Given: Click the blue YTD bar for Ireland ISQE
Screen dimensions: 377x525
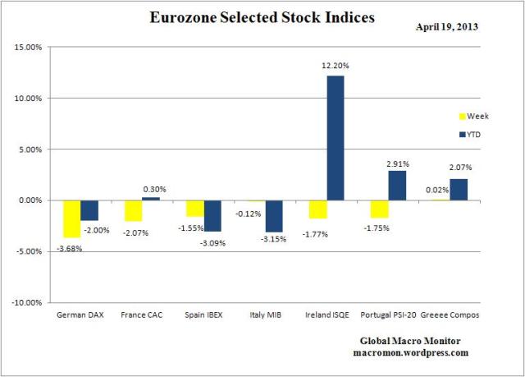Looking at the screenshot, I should [336, 137].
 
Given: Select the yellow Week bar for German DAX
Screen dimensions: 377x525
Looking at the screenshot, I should [71, 218].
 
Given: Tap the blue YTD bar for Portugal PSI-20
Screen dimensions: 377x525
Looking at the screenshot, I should [397, 185].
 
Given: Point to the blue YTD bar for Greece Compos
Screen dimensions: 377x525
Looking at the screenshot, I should [459, 189].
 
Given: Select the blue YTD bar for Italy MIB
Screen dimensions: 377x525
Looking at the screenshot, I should [274, 216].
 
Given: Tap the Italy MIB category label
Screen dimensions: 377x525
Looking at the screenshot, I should [264, 315].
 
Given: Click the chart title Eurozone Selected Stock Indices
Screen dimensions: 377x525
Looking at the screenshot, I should [262, 17].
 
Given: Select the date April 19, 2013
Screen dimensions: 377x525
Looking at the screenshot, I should [447, 26].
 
